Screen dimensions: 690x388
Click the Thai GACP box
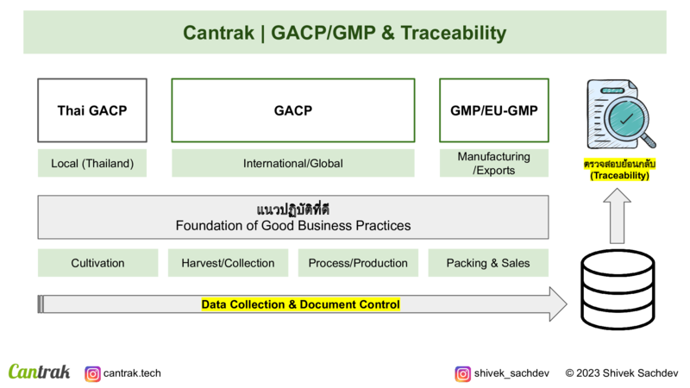point(92,110)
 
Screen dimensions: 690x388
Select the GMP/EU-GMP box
point(493,110)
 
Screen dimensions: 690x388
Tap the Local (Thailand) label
point(92,163)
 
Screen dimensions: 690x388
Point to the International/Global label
point(293,163)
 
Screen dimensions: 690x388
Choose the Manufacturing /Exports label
point(493,163)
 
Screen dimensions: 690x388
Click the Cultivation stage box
point(97,263)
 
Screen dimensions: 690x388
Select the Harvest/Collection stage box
point(228,263)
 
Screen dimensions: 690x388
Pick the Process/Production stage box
point(358,263)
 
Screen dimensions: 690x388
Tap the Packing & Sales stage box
point(488,263)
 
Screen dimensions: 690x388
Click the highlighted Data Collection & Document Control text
point(300,304)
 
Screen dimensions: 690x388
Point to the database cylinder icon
point(618,290)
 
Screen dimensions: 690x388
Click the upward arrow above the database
point(617,216)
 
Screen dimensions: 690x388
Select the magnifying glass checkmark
point(626,118)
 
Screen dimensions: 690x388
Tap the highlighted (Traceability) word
point(619,176)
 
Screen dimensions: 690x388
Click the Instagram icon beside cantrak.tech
point(92,374)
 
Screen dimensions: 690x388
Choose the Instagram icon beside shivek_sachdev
point(463,374)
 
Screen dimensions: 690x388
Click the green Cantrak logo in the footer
point(39,372)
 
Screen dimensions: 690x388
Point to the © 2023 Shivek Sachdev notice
point(622,373)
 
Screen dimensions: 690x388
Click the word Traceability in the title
point(454,33)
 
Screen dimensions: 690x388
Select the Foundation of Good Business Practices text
point(293,226)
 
